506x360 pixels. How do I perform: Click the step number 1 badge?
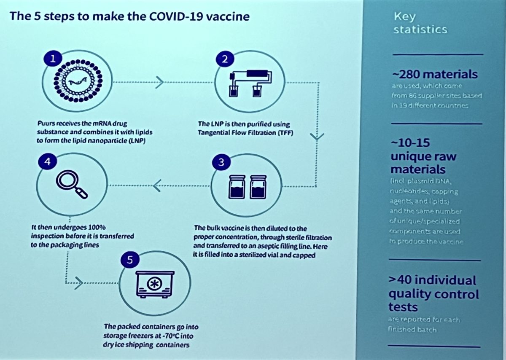coord(53,59)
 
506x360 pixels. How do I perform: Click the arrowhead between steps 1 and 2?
coord(159,83)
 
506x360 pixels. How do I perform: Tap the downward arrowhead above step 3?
coord(317,137)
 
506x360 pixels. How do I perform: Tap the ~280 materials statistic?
coord(435,75)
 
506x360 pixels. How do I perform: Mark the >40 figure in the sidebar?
coord(404,280)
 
